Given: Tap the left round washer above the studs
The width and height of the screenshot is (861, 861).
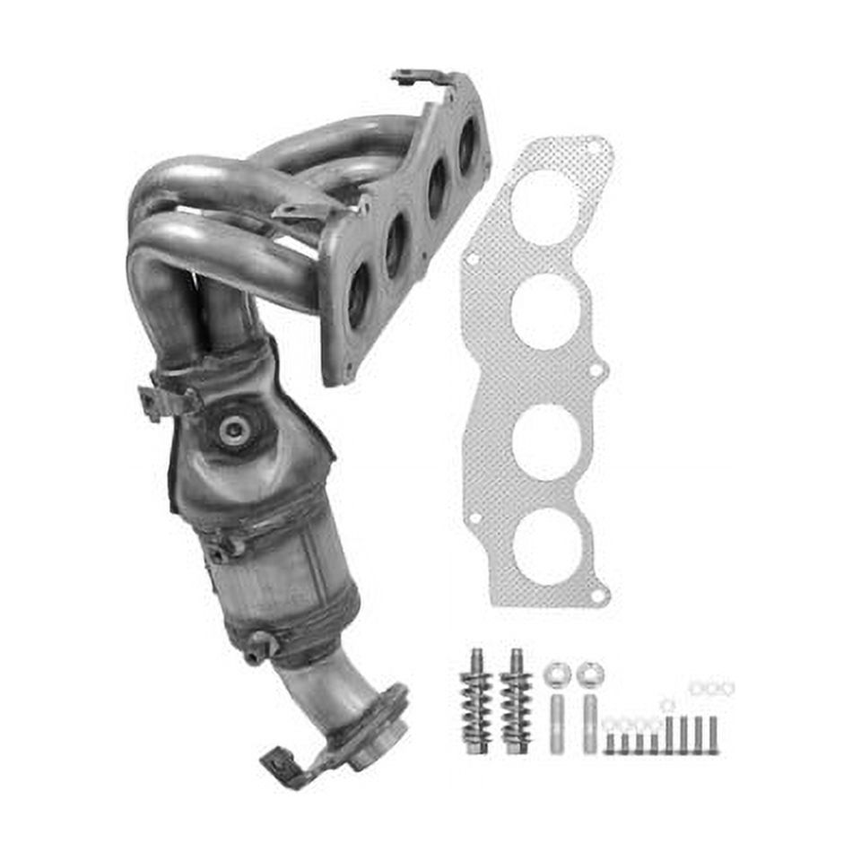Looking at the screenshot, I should tap(557, 672).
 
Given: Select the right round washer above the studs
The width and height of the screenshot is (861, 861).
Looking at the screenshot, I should tap(589, 672).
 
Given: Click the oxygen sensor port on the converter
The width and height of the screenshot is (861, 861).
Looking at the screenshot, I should tap(235, 429).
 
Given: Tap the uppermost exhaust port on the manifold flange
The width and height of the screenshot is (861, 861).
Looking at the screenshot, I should tap(467, 146).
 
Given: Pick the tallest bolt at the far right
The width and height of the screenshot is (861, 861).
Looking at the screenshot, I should tap(713, 734).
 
